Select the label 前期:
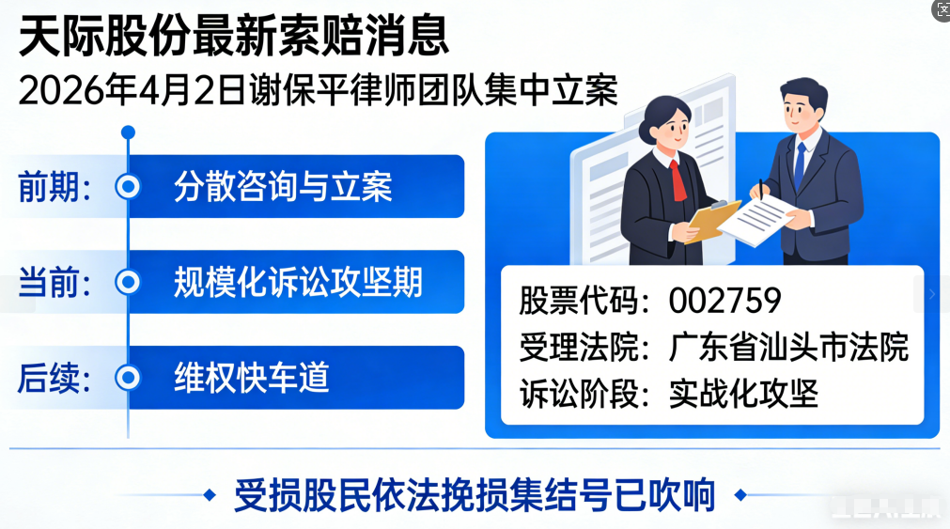[55, 187]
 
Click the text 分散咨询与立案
[282, 187]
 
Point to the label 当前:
[55, 282]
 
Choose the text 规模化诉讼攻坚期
[298, 282]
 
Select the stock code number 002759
[724, 300]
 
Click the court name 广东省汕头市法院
[788, 347]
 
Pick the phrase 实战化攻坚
[743, 393]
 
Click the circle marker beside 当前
[127, 282]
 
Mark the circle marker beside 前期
[127, 187]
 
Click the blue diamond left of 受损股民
[209, 494]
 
